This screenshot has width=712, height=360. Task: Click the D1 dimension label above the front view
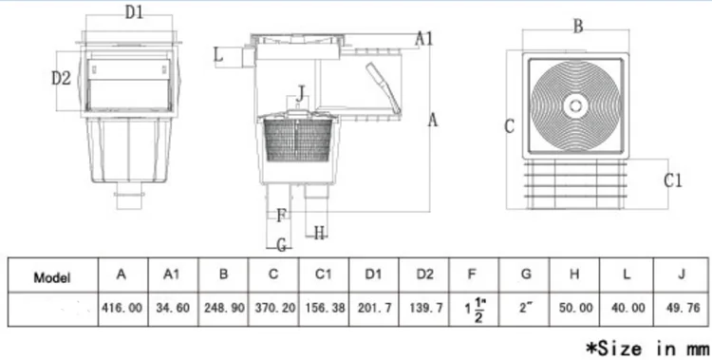[134, 12]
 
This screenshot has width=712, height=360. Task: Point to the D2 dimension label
[62, 78]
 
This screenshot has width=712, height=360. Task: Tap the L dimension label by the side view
[218, 55]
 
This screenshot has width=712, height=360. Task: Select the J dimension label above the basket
[300, 95]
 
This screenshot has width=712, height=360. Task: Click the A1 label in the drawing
[424, 39]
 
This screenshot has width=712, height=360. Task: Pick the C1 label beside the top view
[672, 180]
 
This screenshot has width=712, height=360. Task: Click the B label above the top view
[577, 27]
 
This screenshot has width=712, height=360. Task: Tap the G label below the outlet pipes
[282, 246]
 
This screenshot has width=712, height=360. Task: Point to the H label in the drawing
[320, 234]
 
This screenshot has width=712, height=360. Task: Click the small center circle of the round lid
[576, 106]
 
